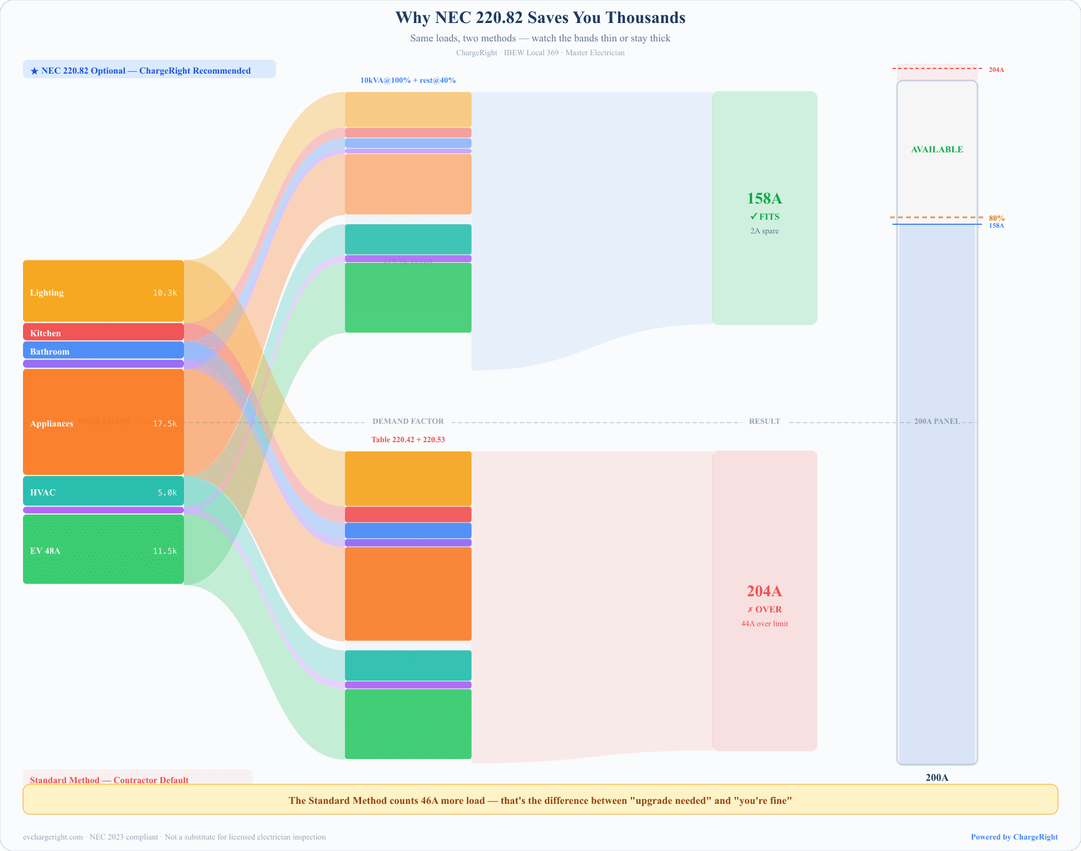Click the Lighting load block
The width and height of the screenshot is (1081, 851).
pos(103,291)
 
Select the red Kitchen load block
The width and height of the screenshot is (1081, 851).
pos(103,332)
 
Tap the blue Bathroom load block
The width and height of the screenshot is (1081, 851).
pos(103,350)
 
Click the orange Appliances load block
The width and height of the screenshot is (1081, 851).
pos(103,422)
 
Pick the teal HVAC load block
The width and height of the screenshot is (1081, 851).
pos(103,491)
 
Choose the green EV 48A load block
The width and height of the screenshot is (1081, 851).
pos(103,549)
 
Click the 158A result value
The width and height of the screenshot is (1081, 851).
pos(764,198)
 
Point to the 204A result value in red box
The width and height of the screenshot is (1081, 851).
pos(764,591)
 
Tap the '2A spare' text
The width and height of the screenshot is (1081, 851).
pos(764,231)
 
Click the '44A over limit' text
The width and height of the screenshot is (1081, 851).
pos(764,624)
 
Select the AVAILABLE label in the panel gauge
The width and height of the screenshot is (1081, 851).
pos(937,149)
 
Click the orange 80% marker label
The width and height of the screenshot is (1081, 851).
pos(996,218)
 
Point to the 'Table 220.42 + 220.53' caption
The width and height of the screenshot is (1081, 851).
pos(408,440)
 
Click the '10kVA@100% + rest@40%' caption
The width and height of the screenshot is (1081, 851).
pos(408,80)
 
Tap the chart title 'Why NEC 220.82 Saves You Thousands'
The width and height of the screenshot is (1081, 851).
pos(540,18)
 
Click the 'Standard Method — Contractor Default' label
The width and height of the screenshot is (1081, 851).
pos(109,780)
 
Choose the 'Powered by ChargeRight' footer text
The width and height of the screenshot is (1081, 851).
pos(1014,837)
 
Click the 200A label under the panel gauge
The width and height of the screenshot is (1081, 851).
pos(937,777)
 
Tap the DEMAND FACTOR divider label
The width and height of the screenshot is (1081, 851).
pos(408,421)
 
